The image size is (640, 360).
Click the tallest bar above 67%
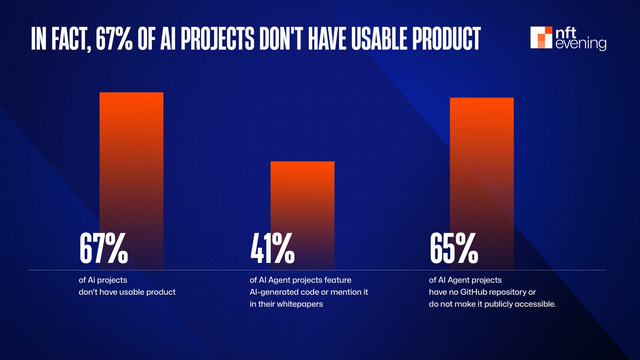click(x=131, y=160)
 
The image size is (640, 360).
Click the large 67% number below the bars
click(x=104, y=249)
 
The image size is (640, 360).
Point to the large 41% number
click(x=272, y=249)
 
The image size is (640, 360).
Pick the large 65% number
click(x=454, y=249)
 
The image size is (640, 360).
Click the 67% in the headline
click(x=114, y=39)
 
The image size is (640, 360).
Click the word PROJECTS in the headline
click(x=217, y=39)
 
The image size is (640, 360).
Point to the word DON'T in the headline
click(x=277, y=39)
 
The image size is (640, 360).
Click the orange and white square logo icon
click(x=541, y=38)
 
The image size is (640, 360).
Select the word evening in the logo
click(x=581, y=44)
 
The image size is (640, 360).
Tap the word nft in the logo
click(x=566, y=32)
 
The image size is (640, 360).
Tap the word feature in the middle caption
click(x=338, y=280)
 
